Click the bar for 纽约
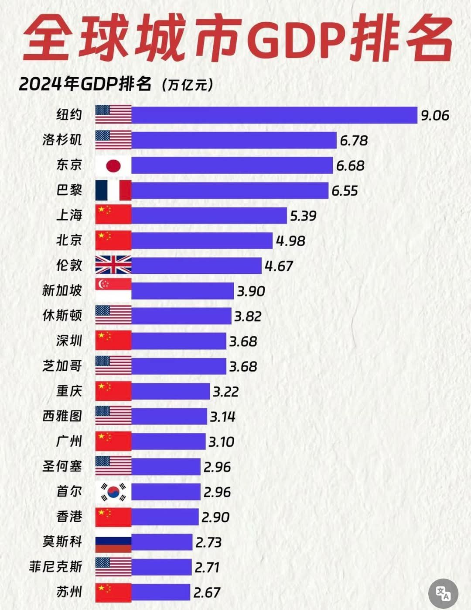point(274,115)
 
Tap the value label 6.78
point(354,141)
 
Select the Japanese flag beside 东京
point(113,165)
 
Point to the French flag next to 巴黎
point(113,190)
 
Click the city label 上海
point(69,215)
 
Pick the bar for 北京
point(202,241)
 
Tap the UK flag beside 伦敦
point(113,265)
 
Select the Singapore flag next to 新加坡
point(113,290)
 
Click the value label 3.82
point(248,316)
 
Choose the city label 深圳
point(69,341)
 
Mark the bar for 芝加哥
point(178,366)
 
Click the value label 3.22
point(225,392)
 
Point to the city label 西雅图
point(62,416)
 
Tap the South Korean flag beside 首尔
point(113,492)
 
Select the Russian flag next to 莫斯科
point(113,542)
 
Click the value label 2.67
point(207,593)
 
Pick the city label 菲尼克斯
point(55,567)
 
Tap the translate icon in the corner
point(443,593)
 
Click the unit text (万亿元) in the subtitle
point(187,84)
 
